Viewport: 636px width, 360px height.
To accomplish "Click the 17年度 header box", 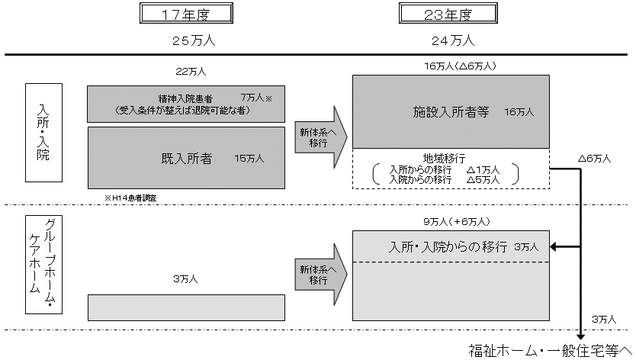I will [x=186, y=14].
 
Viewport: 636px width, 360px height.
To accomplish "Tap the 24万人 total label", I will [x=452, y=40].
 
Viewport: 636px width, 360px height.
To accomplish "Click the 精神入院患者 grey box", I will [x=185, y=104].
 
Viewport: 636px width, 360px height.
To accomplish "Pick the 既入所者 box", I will [x=185, y=158].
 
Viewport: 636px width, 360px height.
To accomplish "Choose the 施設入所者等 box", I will [x=451, y=111].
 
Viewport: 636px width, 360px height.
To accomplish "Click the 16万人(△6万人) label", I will [x=461, y=66].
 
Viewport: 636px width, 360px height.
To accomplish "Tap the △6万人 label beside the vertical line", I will [x=595, y=159].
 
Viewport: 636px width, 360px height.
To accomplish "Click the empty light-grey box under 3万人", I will [x=185, y=307].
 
